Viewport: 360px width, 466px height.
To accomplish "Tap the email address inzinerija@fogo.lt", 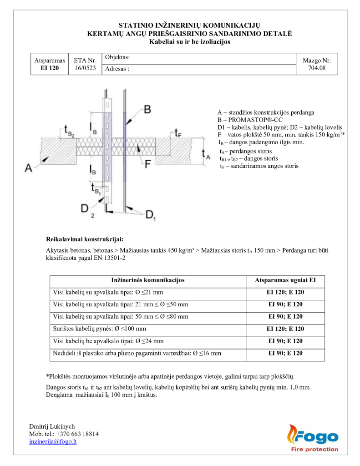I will pos(53,441).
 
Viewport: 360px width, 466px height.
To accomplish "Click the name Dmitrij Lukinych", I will pos(52,426).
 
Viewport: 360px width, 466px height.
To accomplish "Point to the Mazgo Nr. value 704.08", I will pos(317,68).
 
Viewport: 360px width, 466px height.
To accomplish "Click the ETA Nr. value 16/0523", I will pos(85,68).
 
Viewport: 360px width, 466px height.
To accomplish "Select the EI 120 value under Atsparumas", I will pos(50,68).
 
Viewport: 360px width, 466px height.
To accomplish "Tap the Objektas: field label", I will pos(117,57).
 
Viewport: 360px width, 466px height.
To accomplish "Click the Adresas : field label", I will pos(117,70).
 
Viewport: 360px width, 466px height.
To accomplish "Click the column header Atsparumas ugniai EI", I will pos(285,280).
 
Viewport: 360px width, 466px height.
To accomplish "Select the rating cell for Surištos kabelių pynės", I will pos(285,329).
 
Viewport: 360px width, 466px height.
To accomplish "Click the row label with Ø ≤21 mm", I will pos(108,292).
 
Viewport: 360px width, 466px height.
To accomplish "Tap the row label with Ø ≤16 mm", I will pos(137,353).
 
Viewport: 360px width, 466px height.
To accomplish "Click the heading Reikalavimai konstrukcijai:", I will pos(85,239).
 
